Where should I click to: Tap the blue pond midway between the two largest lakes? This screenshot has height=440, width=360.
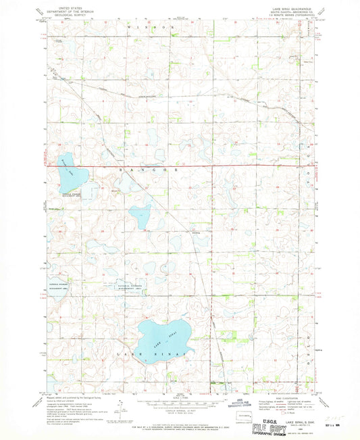pyautogui.click(x=140, y=216)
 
